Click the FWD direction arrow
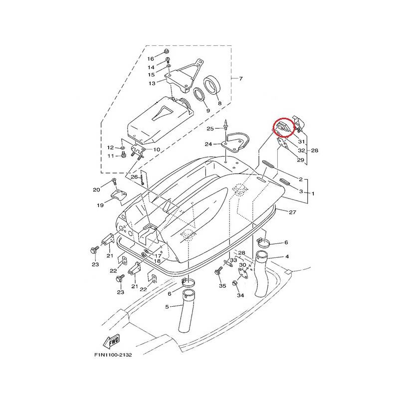pos(111,342)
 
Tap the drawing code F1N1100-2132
pos(113,355)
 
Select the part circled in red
pos(283,127)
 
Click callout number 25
pos(210,129)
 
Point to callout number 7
pos(241,78)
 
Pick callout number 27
pos(292,212)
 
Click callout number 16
pos(151,59)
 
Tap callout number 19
pos(100,205)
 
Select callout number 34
pos(240,295)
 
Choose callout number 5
pos(167,307)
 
